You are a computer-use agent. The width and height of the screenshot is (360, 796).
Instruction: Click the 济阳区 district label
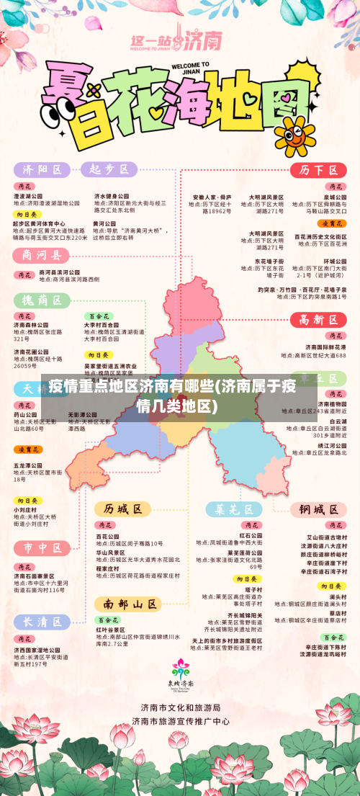(42, 170)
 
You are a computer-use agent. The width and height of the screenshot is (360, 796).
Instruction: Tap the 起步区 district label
(108, 170)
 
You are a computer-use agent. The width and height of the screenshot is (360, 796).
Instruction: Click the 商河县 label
(42, 255)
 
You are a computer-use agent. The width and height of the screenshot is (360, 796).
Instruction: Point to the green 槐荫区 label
(42, 300)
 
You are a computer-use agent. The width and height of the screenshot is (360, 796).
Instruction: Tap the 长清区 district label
(42, 622)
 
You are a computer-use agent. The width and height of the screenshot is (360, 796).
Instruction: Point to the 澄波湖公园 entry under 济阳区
(28, 196)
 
